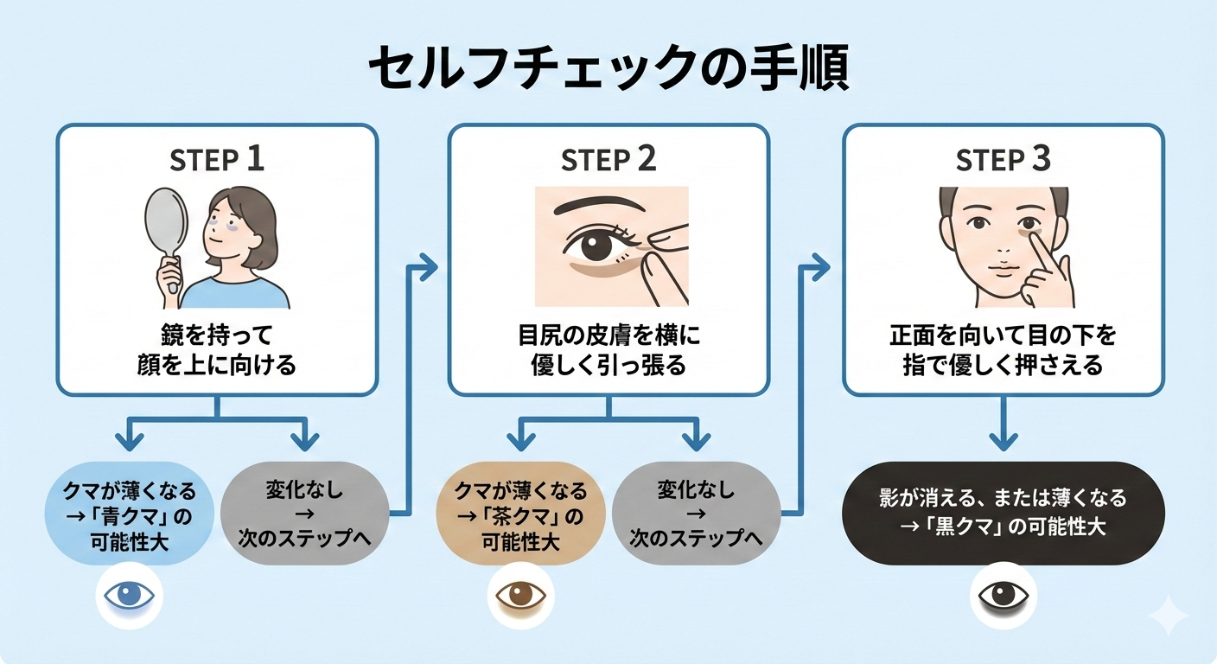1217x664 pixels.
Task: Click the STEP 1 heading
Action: click(x=217, y=161)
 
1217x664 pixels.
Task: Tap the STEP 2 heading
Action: click(x=608, y=161)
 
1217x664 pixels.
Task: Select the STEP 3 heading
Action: click(x=1004, y=161)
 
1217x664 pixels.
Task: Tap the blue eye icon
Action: click(x=129, y=596)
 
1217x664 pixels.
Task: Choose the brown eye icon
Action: click(x=520, y=596)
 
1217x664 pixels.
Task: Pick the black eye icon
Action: click(x=1003, y=596)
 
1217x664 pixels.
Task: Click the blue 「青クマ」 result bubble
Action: click(x=129, y=514)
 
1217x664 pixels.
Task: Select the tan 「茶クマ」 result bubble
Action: click(x=520, y=514)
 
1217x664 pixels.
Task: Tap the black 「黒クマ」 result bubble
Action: click(x=1003, y=514)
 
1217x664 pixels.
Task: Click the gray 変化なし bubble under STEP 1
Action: click(x=305, y=514)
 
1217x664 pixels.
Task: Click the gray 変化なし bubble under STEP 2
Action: click(x=696, y=514)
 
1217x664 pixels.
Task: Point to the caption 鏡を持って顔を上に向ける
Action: click(x=217, y=349)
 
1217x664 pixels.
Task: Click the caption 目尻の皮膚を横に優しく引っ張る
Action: click(x=608, y=349)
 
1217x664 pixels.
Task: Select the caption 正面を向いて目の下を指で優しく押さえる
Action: click(x=1004, y=349)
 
